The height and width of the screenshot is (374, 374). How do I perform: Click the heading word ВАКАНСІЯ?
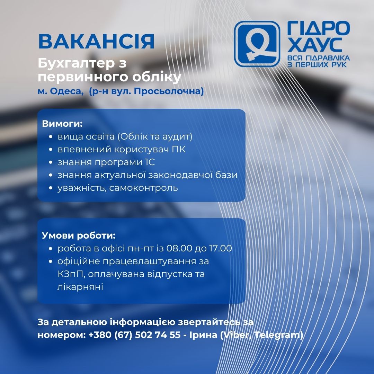pos(96,42)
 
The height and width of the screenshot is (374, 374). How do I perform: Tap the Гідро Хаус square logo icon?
pos(257,44)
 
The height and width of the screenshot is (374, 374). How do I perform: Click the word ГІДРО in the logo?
pos(319,28)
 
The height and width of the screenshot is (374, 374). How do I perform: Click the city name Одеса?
pos(66,91)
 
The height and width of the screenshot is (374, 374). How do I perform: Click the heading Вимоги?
pos(62,124)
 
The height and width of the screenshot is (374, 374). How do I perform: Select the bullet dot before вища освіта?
pos(51,137)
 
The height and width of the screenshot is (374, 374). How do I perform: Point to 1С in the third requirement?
pos(150,162)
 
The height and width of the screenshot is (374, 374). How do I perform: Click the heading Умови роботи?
pos(79,235)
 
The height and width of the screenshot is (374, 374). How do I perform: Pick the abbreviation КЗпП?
pos(71,274)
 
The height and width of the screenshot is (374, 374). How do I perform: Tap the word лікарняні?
pos(80,287)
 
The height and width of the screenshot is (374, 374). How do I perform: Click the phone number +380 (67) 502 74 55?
pos(134,335)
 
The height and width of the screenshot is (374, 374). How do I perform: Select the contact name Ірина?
pos(203,335)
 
